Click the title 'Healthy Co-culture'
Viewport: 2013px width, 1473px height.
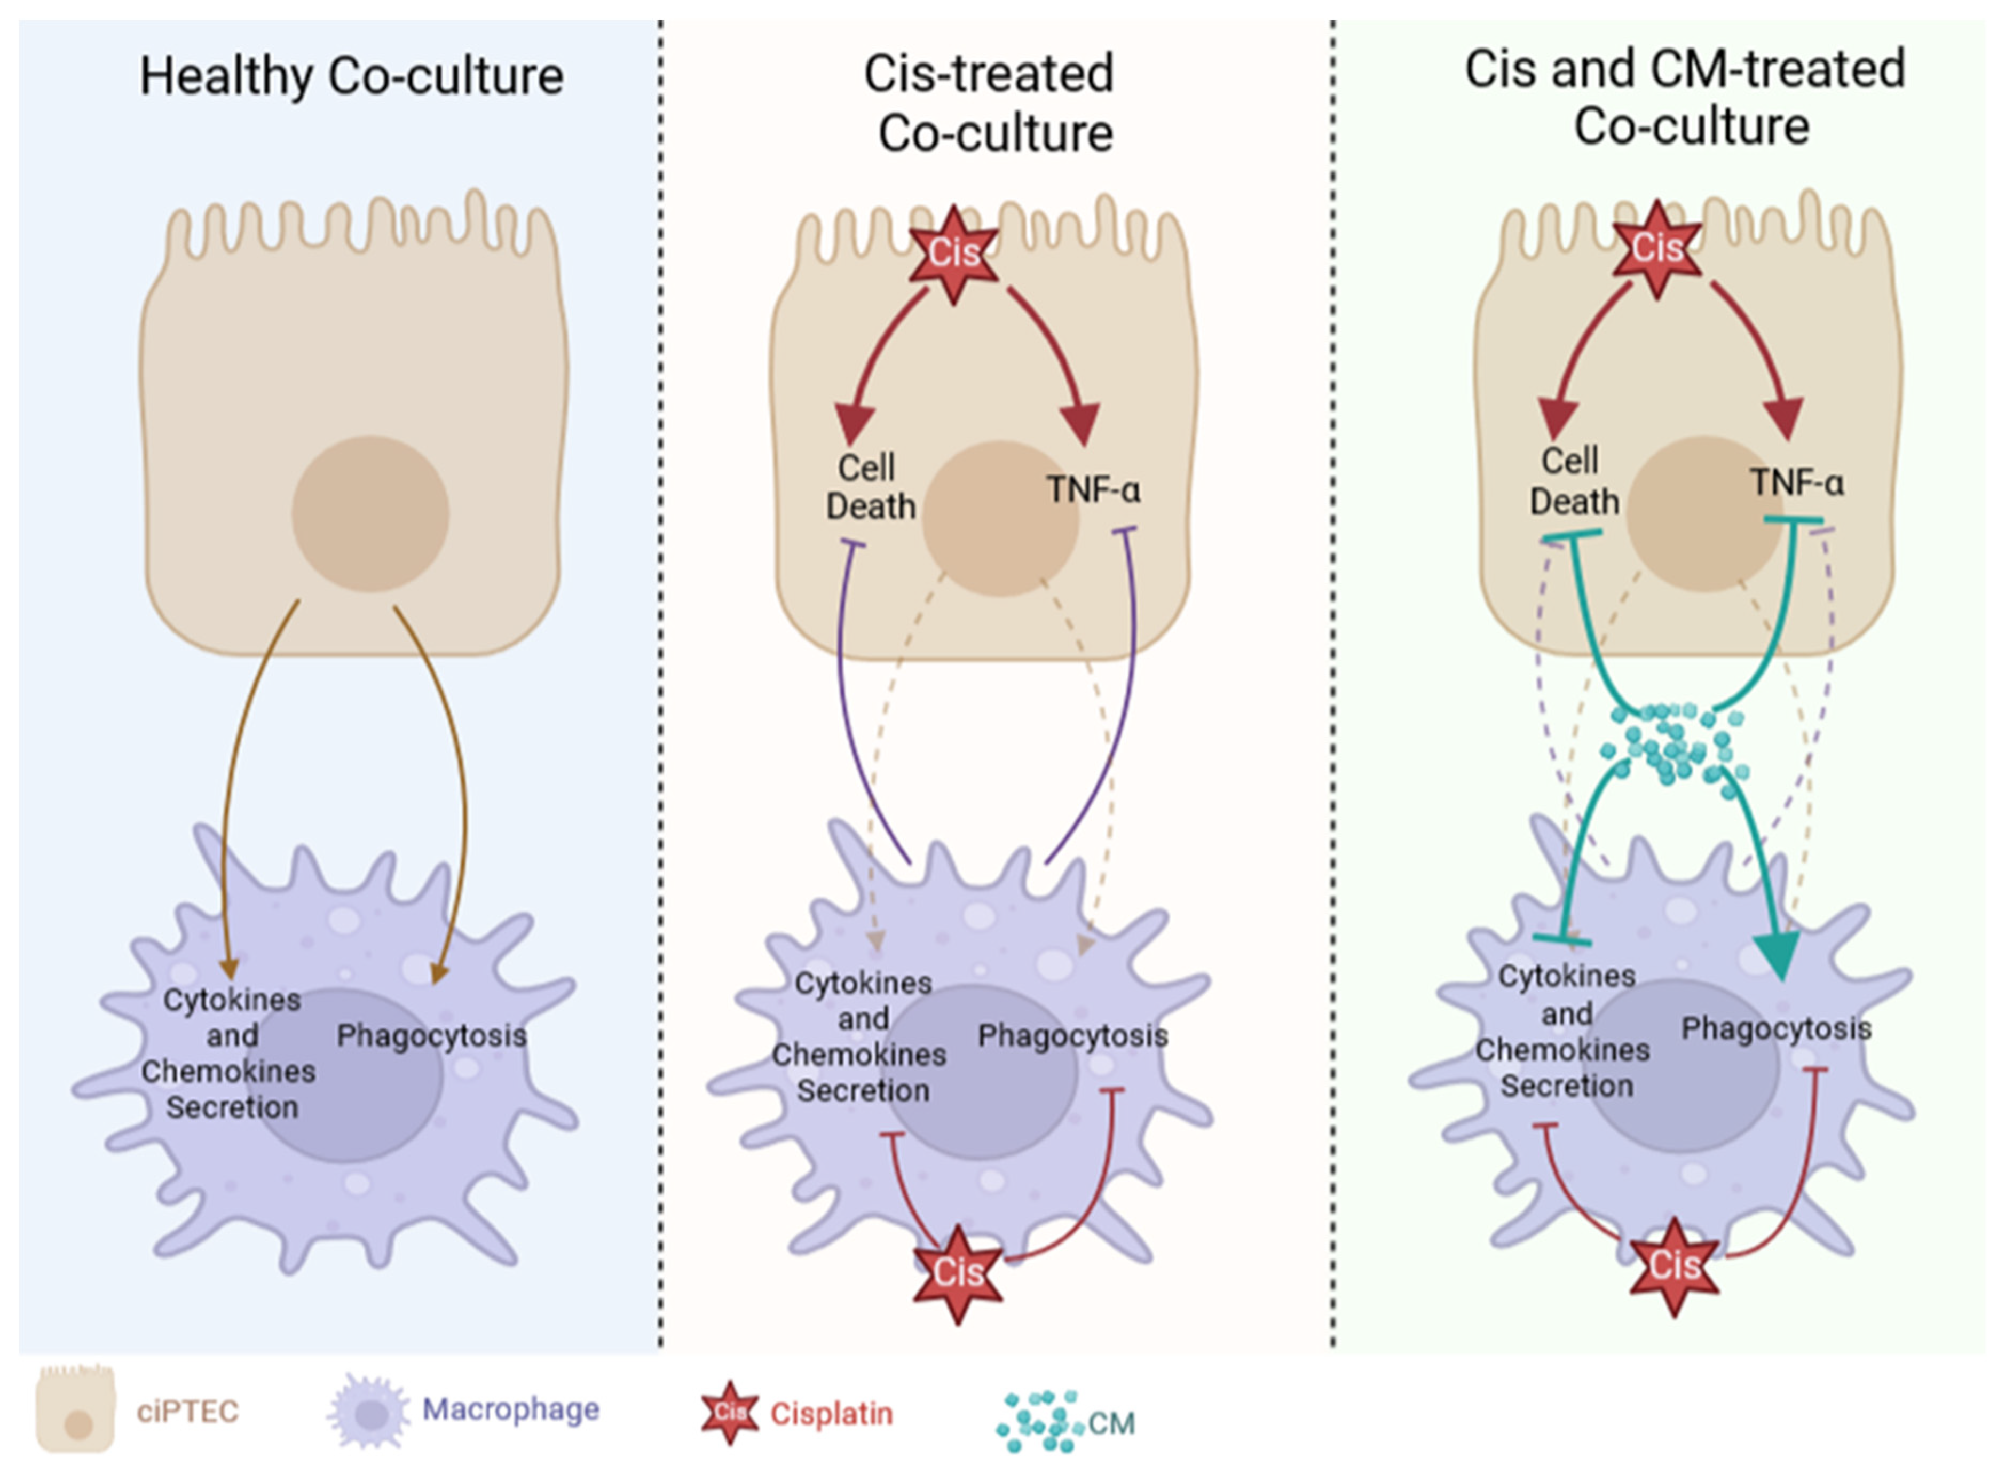pyautogui.click(x=351, y=77)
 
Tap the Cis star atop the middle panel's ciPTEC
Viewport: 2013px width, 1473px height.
pyautogui.click(x=953, y=254)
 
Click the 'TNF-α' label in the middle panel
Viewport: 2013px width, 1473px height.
pyautogui.click(x=1093, y=489)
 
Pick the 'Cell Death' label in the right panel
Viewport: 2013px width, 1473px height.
pyautogui.click(x=1573, y=481)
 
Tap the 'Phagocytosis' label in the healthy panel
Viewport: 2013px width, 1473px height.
pyautogui.click(x=432, y=1035)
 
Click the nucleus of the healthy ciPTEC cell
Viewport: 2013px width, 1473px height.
pyautogui.click(x=370, y=513)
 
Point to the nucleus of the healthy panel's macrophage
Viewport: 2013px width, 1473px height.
pyautogui.click(x=343, y=1074)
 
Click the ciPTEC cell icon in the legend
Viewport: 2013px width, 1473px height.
pyautogui.click(x=76, y=1411)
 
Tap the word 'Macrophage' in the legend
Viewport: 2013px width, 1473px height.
pyautogui.click(x=510, y=1409)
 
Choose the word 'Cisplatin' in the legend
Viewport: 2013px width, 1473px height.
pyautogui.click(x=831, y=1413)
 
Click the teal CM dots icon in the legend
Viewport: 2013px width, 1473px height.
pyautogui.click(x=1039, y=1420)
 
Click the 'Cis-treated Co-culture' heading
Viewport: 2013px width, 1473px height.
pyautogui.click(x=991, y=104)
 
